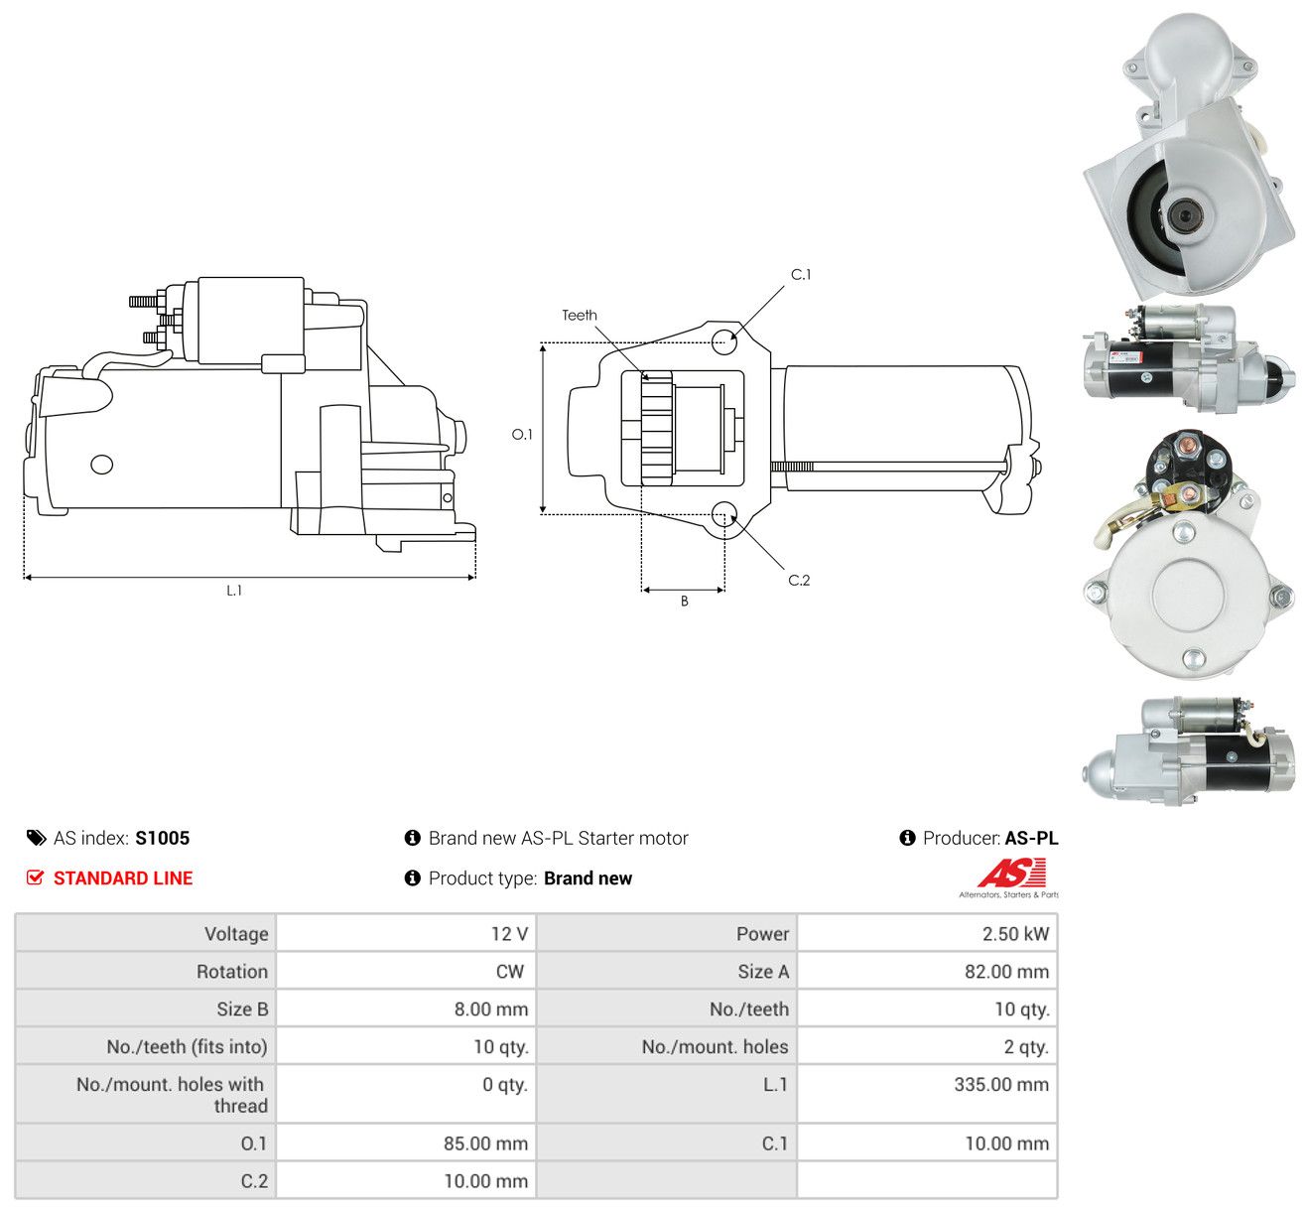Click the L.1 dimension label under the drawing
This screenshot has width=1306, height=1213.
(x=234, y=591)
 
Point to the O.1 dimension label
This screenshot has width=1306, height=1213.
(x=521, y=434)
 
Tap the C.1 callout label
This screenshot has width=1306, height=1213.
(x=800, y=274)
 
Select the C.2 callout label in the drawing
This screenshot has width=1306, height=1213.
(x=799, y=580)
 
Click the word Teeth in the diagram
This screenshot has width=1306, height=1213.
(x=580, y=315)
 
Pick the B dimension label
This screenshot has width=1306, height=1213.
(x=685, y=602)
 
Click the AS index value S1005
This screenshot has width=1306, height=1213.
(x=163, y=838)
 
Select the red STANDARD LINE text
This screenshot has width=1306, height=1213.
(x=123, y=878)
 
